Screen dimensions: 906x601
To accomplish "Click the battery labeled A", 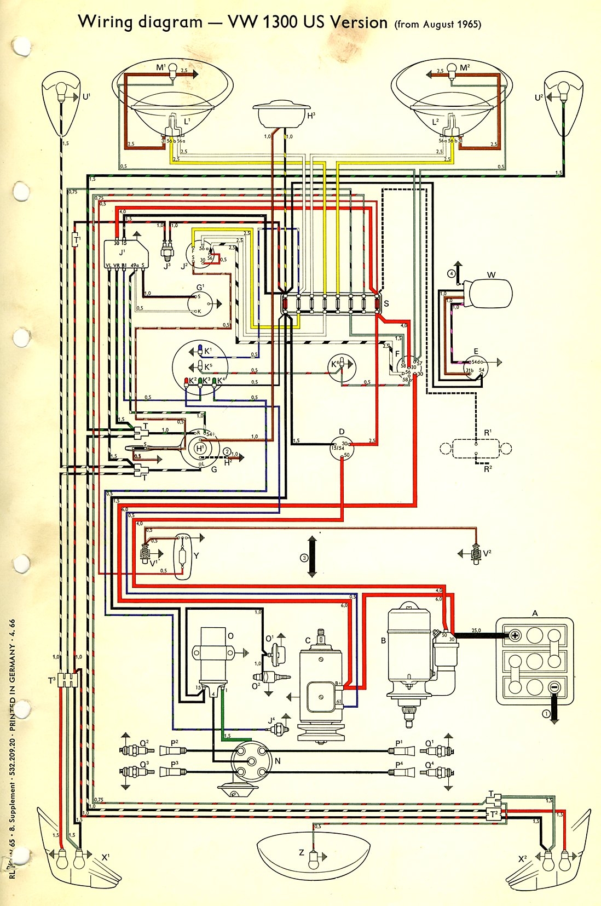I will coord(535,661).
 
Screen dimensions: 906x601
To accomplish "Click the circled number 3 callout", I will coord(304,558).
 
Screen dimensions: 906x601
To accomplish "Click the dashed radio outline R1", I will coord(476,449).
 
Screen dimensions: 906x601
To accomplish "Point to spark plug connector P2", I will coord(173,750).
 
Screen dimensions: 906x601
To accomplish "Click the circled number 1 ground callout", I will coord(546,713).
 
